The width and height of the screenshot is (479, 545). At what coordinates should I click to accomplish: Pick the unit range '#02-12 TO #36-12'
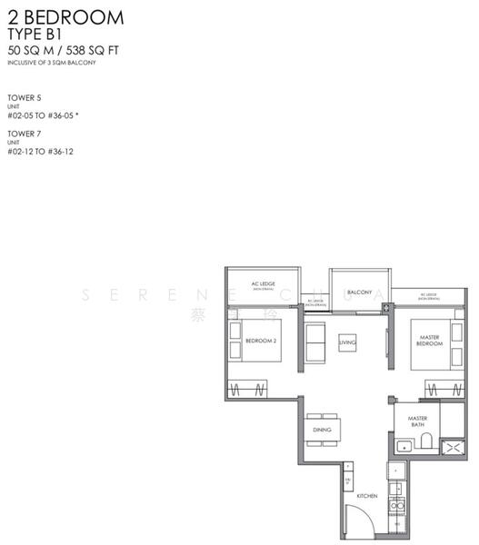(x=40, y=152)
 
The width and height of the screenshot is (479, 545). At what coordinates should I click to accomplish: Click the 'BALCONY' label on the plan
(x=359, y=292)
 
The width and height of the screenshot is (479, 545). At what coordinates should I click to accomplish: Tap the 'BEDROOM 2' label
(x=260, y=342)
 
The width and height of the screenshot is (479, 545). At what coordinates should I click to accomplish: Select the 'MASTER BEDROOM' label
(x=429, y=342)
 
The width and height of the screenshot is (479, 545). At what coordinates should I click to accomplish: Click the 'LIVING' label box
(x=347, y=342)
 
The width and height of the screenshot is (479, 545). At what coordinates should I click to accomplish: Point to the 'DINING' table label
(x=321, y=430)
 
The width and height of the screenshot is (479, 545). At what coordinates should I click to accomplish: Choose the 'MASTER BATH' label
(x=417, y=421)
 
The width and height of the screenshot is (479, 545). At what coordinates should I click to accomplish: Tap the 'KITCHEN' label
(x=366, y=496)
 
